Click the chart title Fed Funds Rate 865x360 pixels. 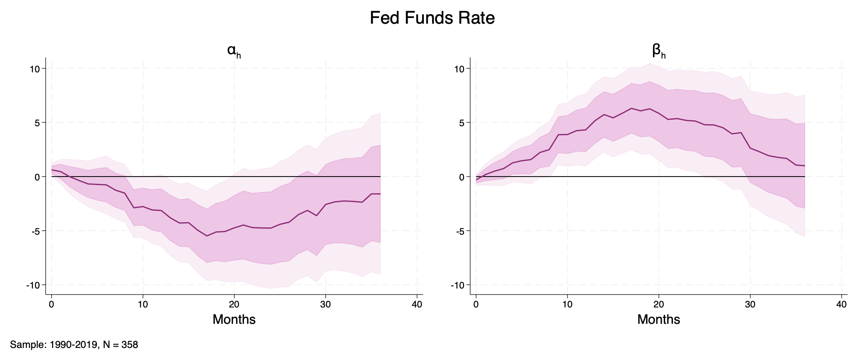coord(432,19)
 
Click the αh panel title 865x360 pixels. coord(233,51)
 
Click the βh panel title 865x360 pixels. coord(659,51)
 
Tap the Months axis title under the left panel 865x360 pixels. coord(234,320)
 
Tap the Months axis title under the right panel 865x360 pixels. coord(659,320)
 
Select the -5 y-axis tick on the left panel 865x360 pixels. coord(36,231)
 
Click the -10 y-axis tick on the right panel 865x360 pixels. coord(458,286)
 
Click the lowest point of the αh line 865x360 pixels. coord(207,236)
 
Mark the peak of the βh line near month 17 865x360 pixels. coord(632,108)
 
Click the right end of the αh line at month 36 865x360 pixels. coord(380,194)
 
